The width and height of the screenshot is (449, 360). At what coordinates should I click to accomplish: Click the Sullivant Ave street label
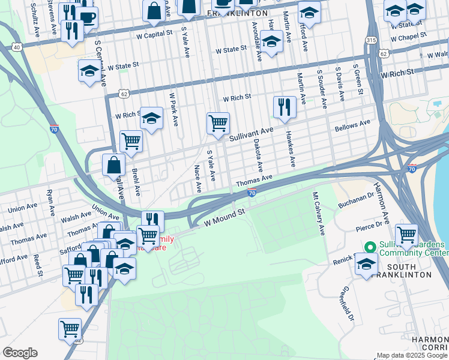pyautogui.click(x=252, y=134)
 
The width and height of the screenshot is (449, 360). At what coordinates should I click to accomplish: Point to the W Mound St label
pyautogui.click(x=225, y=217)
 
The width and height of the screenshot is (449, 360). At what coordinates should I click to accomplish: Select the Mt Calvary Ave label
pyautogui.click(x=318, y=213)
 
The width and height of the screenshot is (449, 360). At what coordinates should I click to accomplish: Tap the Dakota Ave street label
pyautogui.click(x=258, y=154)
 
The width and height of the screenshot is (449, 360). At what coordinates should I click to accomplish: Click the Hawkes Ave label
pyautogui.click(x=291, y=149)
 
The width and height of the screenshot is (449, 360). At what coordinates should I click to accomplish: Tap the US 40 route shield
pyautogui.click(x=16, y=47)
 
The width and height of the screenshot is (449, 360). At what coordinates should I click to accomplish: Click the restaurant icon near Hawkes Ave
pyautogui.click(x=285, y=107)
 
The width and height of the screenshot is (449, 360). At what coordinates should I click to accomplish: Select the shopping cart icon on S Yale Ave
pyautogui.click(x=218, y=124)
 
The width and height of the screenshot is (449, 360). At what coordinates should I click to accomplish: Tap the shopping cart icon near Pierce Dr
pyautogui.click(x=406, y=235)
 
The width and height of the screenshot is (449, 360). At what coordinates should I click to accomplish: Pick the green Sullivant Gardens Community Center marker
pyautogui.click(x=370, y=247)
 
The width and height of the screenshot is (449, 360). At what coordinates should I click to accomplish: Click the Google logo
pyautogui.click(x=20, y=353)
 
